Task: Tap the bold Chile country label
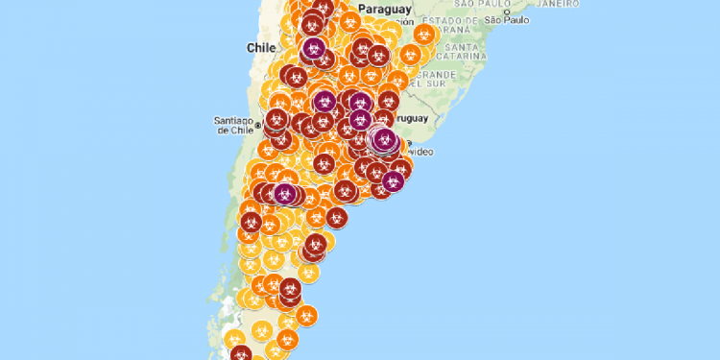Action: pyautogui.click(x=260, y=47)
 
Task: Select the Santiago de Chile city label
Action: pyautogui.click(x=234, y=124)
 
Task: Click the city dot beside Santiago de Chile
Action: pyautogui.click(x=258, y=127)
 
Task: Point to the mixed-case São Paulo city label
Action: pyautogui.click(x=508, y=19)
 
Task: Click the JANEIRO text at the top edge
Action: pyautogui.click(x=557, y=4)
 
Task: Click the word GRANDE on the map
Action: pyautogui.click(x=437, y=74)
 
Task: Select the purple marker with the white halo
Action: pyautogui.click(x=384, y=140)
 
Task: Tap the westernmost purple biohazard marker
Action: pyautogui.click(x=284, y=193)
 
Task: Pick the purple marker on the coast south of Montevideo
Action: pyautogui.click(x=392, y=180)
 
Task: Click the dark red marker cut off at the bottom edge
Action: pyautogui.click(x=237, y=353)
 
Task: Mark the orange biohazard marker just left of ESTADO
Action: pyautogui.click(x=422, y=34)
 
